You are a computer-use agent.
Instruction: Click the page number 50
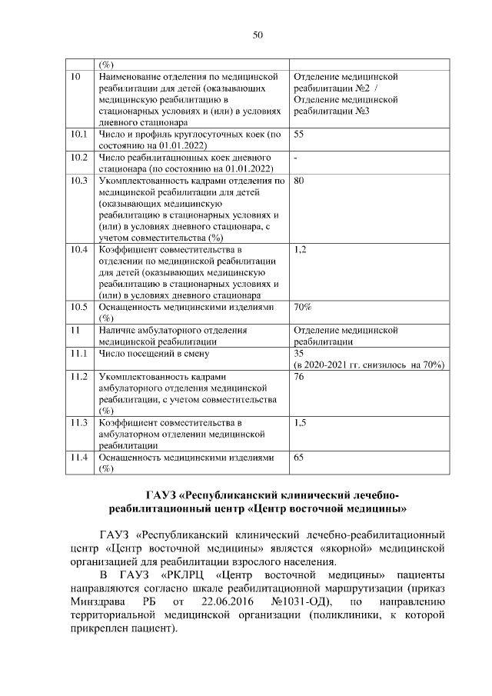click(258, 35)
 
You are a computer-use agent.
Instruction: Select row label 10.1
click(78, 135)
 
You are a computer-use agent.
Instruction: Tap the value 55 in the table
click(299, 135)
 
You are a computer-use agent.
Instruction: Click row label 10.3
click(78, 181)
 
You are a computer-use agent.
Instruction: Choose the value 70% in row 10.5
click(302, 307)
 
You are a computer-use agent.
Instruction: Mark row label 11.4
click(78, 457)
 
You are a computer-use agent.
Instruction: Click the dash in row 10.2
click(296, 158)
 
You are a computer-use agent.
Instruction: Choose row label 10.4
click(78, 250)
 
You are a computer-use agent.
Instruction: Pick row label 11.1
click(78, 353)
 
